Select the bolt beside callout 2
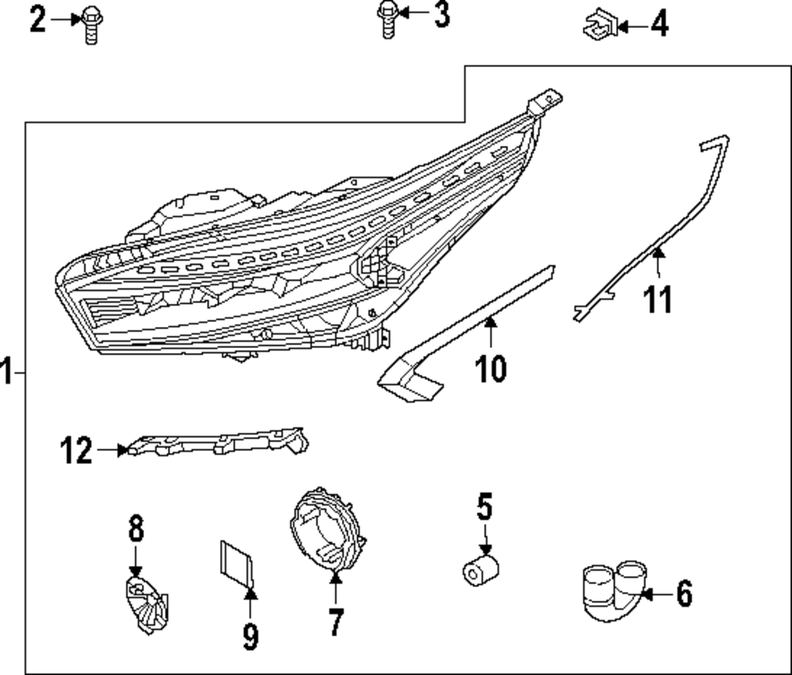tap(91, 25)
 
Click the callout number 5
tap(484, 507)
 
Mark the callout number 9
tap(250, 635)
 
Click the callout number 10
tap(490, 368)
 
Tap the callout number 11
tap(657, 300)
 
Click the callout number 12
tap(77, 451)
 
